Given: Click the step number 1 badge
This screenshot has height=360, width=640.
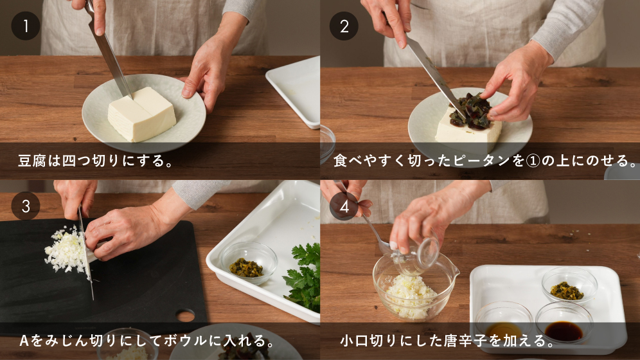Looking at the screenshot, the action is click(26, 26).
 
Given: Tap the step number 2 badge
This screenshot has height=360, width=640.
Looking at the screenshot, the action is click(344, 26).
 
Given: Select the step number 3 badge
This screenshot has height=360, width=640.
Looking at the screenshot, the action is click(26, 206).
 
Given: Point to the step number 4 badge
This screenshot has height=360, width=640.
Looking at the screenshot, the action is click(344, 206).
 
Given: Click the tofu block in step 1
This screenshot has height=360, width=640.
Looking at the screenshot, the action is click(141, 114).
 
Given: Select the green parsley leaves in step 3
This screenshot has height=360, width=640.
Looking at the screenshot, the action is click(303, 278).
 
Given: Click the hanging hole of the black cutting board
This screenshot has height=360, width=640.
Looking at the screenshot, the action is click(185, 315).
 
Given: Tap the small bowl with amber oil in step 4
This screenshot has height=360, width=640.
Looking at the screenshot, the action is click(503, 323).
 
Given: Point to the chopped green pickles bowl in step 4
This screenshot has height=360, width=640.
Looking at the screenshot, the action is click(569, 285).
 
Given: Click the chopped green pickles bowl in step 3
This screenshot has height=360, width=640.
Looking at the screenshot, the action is click(248, 262).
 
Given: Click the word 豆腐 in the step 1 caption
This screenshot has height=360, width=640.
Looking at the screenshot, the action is click(32, 161).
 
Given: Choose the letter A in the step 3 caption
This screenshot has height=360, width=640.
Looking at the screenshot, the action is click(24, 341).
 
